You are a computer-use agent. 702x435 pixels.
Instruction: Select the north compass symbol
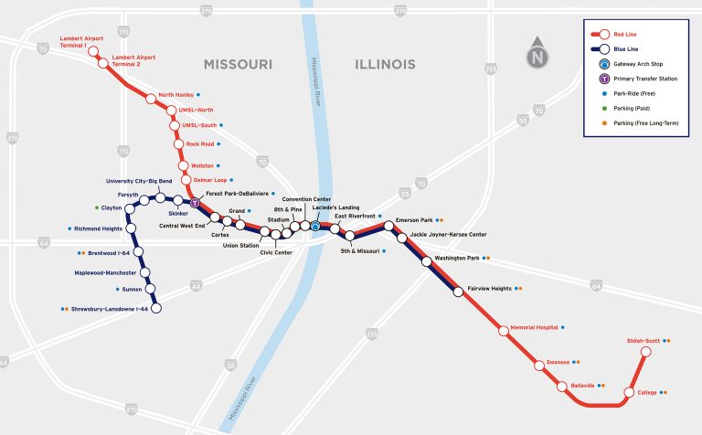(x=537, y=57)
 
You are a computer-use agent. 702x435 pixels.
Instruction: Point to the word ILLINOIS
(x=384, y=65)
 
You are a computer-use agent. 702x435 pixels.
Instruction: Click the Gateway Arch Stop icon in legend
(x=603, y=65)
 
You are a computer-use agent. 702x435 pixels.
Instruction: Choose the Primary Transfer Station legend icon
(x=603, y=79)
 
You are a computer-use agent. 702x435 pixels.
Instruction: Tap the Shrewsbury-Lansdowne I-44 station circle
(x=155, y=309)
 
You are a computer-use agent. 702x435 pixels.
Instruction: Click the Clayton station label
(x=112, y=207)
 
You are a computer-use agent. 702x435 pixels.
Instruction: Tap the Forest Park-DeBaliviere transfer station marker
(x=194, y=203)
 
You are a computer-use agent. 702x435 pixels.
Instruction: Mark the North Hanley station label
(x=175, y=95)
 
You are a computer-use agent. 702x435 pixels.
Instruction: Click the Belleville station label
(x=582, y=386)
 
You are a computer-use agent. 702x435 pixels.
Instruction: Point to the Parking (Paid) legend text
(x=637, y=108)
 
